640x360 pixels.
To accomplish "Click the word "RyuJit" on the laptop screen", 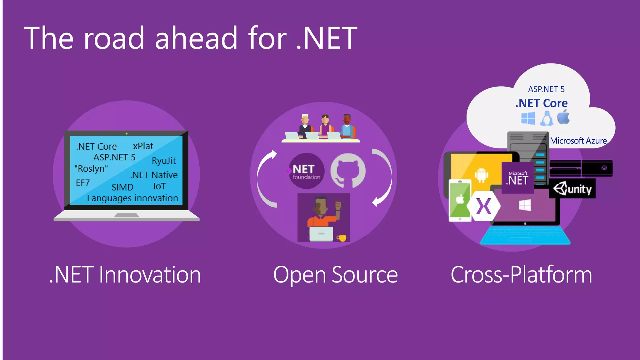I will point(164,161).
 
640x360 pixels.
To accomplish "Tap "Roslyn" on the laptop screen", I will point(91,168).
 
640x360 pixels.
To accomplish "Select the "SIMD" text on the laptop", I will point(122,187).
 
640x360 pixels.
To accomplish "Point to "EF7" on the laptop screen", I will point(83,183).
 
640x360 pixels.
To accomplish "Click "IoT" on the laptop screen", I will point(159,186).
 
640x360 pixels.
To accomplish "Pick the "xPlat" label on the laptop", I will point(143,146).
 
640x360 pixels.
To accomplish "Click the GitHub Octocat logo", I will point(348,171).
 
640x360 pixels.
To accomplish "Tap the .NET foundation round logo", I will point(306,171).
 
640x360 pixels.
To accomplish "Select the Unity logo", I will point(572,189).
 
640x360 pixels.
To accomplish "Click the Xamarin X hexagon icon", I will point(483,206).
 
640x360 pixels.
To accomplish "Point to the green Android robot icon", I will point(481,175).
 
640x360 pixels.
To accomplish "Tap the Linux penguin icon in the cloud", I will point(547,119).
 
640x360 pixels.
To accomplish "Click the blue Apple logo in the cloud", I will point(563,117).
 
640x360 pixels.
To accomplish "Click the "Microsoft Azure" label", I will point(578,141).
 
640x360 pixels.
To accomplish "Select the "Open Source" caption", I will point(335,275).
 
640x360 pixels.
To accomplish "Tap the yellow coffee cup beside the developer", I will point(342,238).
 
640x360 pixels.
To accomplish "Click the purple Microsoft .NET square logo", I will point(517,178).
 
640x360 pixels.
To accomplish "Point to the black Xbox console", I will point(581,168).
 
